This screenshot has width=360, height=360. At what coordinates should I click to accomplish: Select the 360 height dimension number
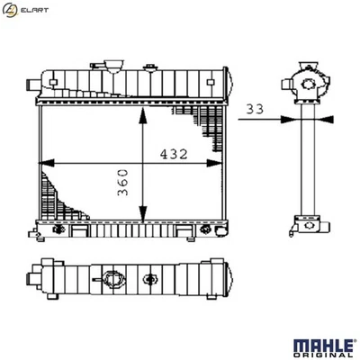(124, 182)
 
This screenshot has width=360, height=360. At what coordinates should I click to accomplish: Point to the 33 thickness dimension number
(255, 107)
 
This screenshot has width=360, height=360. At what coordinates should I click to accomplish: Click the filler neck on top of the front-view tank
(113, 66)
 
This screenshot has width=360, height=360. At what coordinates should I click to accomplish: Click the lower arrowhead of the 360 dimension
(141, 220)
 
